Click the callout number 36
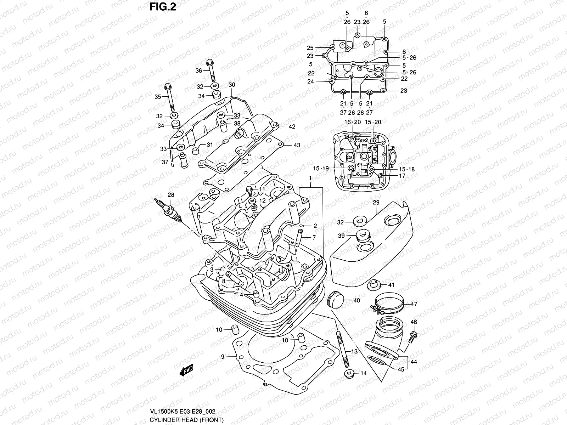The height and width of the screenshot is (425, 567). coord(199,70)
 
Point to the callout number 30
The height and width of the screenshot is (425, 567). coord(231,85)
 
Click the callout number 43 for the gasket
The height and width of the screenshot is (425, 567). coord(297,145)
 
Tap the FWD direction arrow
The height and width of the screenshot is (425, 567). coord(186,371)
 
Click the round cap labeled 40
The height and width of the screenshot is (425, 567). coord(335,300)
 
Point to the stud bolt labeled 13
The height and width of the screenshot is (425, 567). coord(342,351)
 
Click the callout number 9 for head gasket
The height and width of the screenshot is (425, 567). coord(223,357)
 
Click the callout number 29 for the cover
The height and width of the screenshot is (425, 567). coord(376,202)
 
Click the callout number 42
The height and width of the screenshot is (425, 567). coord(292,127)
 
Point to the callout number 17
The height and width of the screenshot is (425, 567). coord(402,176)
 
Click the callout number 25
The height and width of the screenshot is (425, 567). coord(310,48)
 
